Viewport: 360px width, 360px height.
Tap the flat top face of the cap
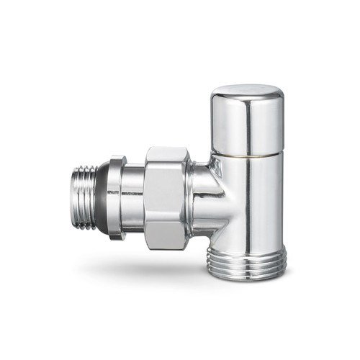[247, 91]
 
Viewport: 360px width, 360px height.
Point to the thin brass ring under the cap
[247, 155]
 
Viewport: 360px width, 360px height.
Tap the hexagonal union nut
[167, 198]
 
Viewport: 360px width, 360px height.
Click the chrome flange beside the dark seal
[118, 198]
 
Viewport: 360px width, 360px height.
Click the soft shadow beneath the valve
[180, 277]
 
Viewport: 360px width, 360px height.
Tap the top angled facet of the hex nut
[168, 155]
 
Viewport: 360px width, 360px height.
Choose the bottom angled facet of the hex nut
[168, 240]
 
